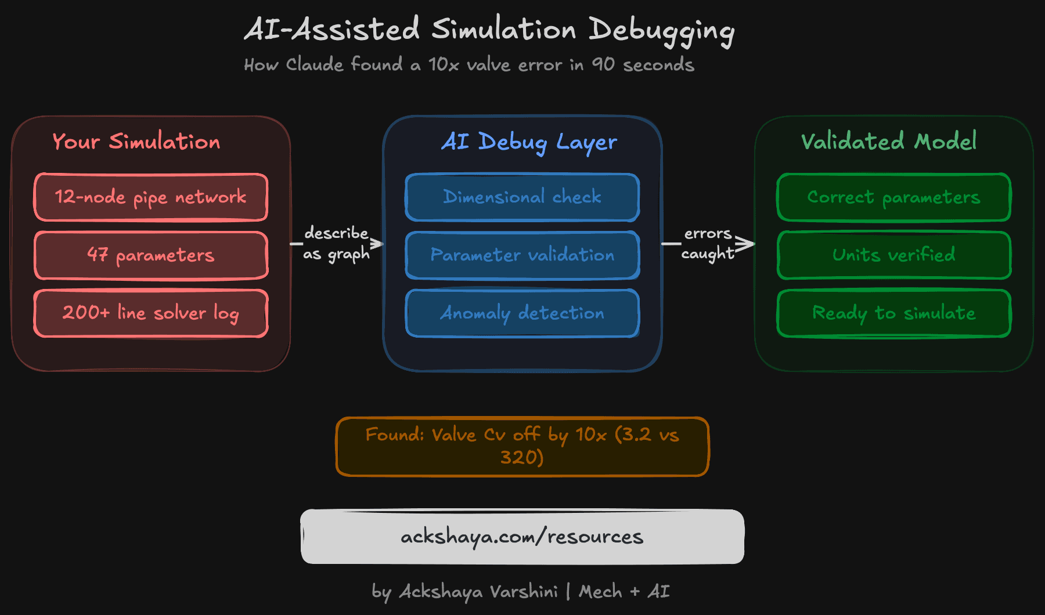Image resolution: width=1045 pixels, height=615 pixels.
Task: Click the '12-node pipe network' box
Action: click(151, 197)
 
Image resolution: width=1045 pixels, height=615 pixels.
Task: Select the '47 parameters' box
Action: click(151, 255)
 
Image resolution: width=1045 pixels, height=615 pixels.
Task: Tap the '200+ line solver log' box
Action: click(151, 313)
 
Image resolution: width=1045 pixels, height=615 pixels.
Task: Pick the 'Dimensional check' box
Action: click(522, 197)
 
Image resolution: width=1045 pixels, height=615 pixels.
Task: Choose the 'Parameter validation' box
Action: click(522, 255)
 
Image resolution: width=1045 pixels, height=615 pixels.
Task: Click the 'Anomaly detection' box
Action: click(522, 313)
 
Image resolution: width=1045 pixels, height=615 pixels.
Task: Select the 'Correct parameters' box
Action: click(894, 197)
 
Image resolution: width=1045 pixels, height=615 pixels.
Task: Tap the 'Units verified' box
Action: click(894, 255)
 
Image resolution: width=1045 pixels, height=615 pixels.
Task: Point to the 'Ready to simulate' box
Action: click(894, 313)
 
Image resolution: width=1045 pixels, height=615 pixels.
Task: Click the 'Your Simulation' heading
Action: click(136, 142)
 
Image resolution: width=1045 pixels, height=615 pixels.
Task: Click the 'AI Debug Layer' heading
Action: click(528, 142)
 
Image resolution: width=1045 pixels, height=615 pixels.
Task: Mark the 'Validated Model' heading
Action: click(888, 141)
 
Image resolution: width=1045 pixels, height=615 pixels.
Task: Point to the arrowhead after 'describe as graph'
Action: click(378, 244)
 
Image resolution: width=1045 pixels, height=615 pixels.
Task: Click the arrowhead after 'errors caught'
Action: click(748, 244)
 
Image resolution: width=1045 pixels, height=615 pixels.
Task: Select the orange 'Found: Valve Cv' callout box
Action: click(522, 447)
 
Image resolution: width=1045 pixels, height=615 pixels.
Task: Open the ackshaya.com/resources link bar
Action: click(522, 537)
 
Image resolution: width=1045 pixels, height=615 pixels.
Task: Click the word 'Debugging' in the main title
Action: click(662, 30)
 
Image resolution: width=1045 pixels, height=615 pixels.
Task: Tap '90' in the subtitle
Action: click(603, 64)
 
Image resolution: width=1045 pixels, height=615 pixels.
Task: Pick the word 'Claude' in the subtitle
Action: click(315, 64)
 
